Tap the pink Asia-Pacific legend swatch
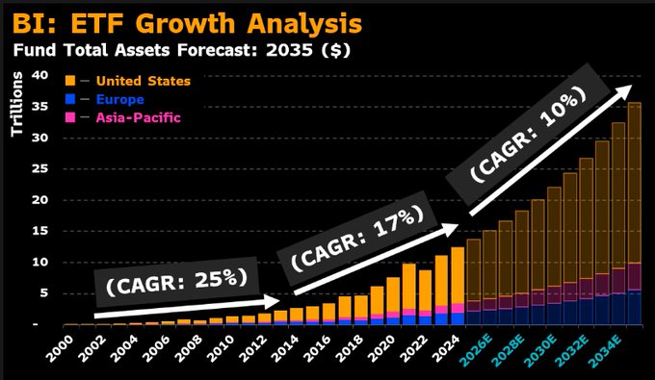71,116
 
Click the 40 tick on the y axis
39,75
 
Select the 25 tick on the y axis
39,168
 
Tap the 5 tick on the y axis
43,293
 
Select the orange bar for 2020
392,293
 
